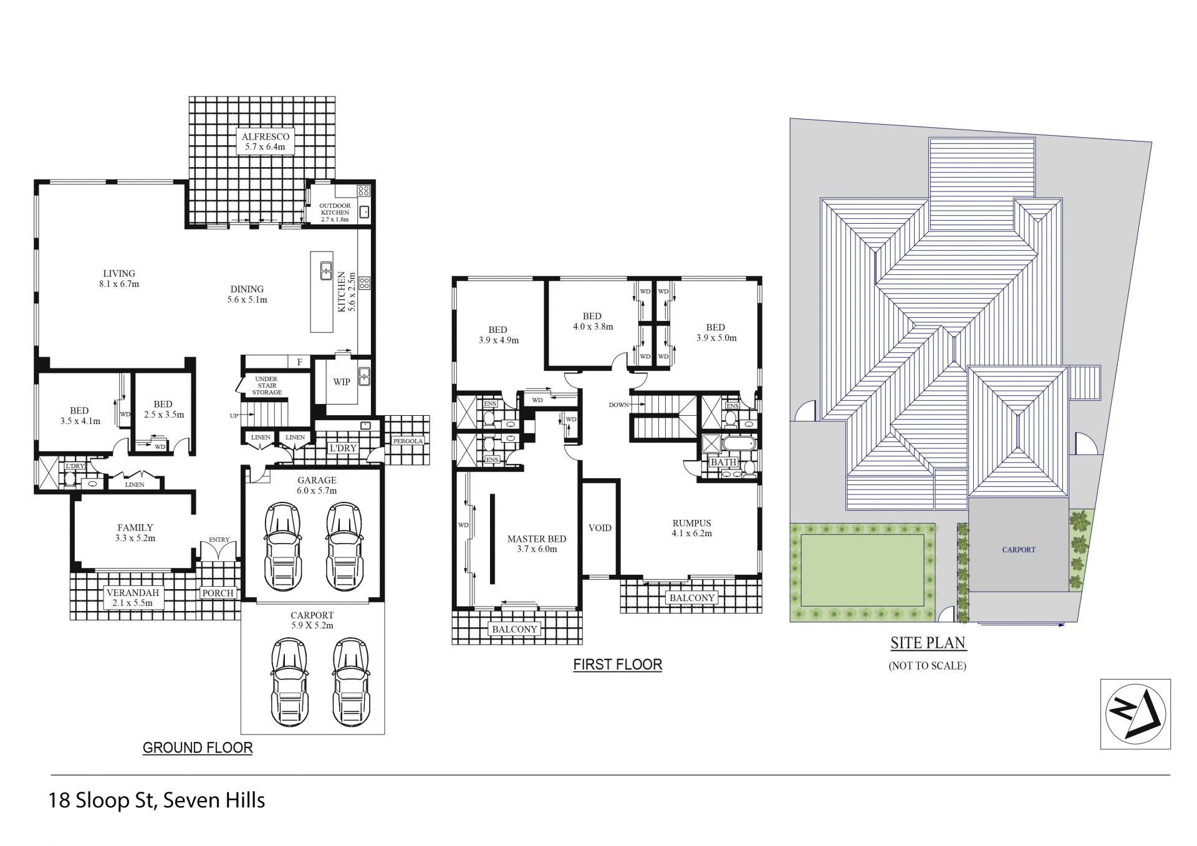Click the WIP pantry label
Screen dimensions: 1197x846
(342, 382)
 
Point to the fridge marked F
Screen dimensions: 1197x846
(299, 362)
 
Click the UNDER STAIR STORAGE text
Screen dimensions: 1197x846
(267, 386)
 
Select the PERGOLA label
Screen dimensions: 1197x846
(408, 441)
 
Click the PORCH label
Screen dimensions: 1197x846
(218, 594)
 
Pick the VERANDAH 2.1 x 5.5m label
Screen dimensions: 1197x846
(132, 598)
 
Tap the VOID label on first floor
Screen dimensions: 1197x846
(600, 528)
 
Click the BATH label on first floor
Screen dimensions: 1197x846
(723, 463)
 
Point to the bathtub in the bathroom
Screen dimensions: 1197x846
(739, 445)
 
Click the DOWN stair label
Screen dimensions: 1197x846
(619, 405)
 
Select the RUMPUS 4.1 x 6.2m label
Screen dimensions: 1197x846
(691, 528)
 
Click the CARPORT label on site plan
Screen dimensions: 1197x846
(1019, 550)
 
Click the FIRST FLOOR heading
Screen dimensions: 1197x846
(617, 665)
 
